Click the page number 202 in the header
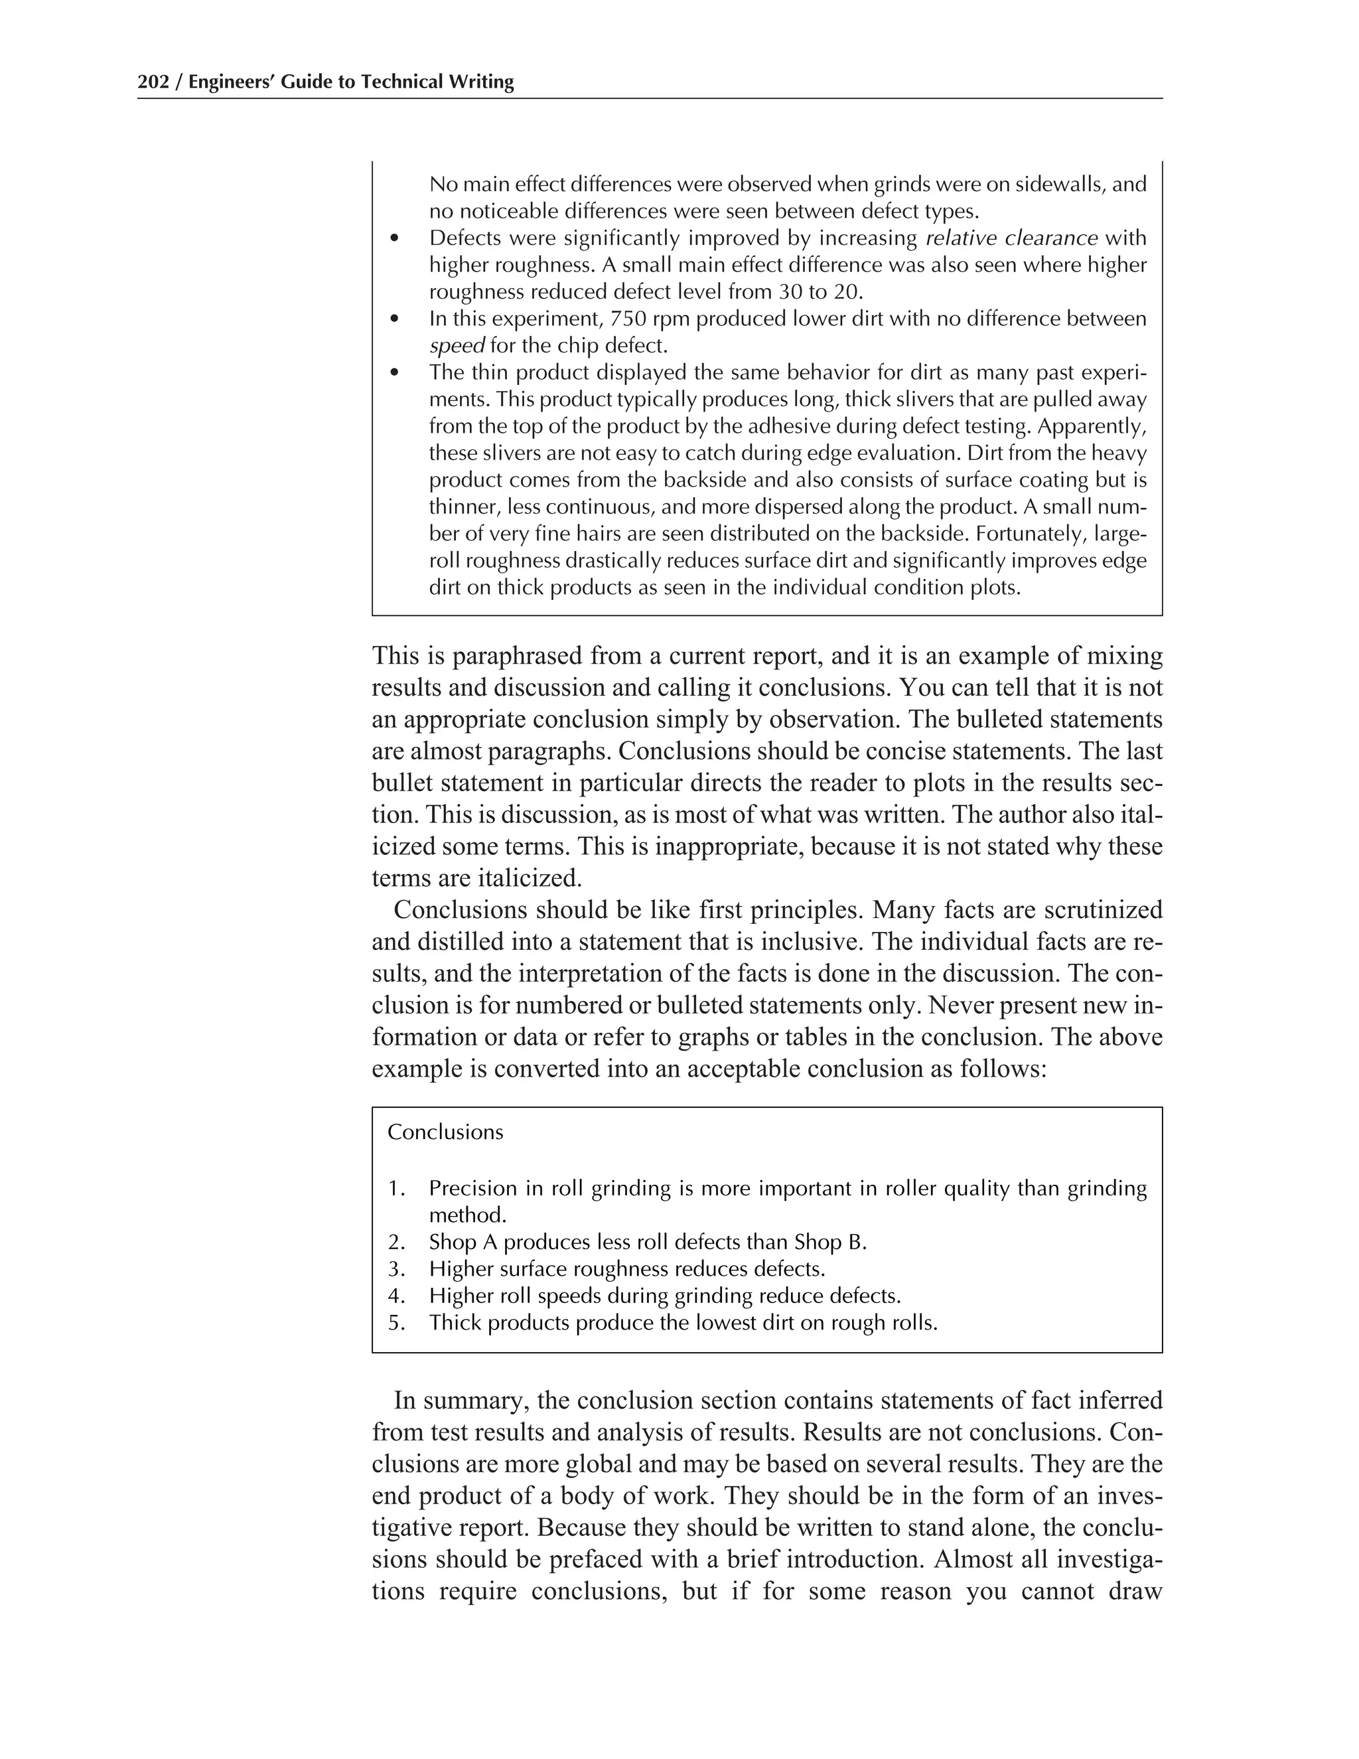click(x=153, y=82)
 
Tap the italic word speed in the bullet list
click(x=457, y=346)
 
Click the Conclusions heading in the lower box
click(x=445, y=1132)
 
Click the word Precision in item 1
click(x=471, y=1189)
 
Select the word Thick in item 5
click(x=453, y=1324)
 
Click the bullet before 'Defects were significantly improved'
click(x=393, y=239)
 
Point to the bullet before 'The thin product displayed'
click(x=393, y=374)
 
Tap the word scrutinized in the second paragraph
click(x=1103, y=911)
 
